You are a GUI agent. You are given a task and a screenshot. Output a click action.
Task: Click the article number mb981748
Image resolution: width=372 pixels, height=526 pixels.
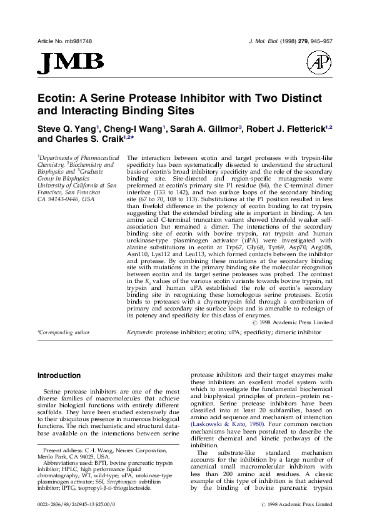76,41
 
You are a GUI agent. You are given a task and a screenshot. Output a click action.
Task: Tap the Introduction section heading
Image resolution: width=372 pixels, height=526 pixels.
59,375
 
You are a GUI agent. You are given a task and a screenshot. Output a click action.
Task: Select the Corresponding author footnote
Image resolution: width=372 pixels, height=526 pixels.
63,333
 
